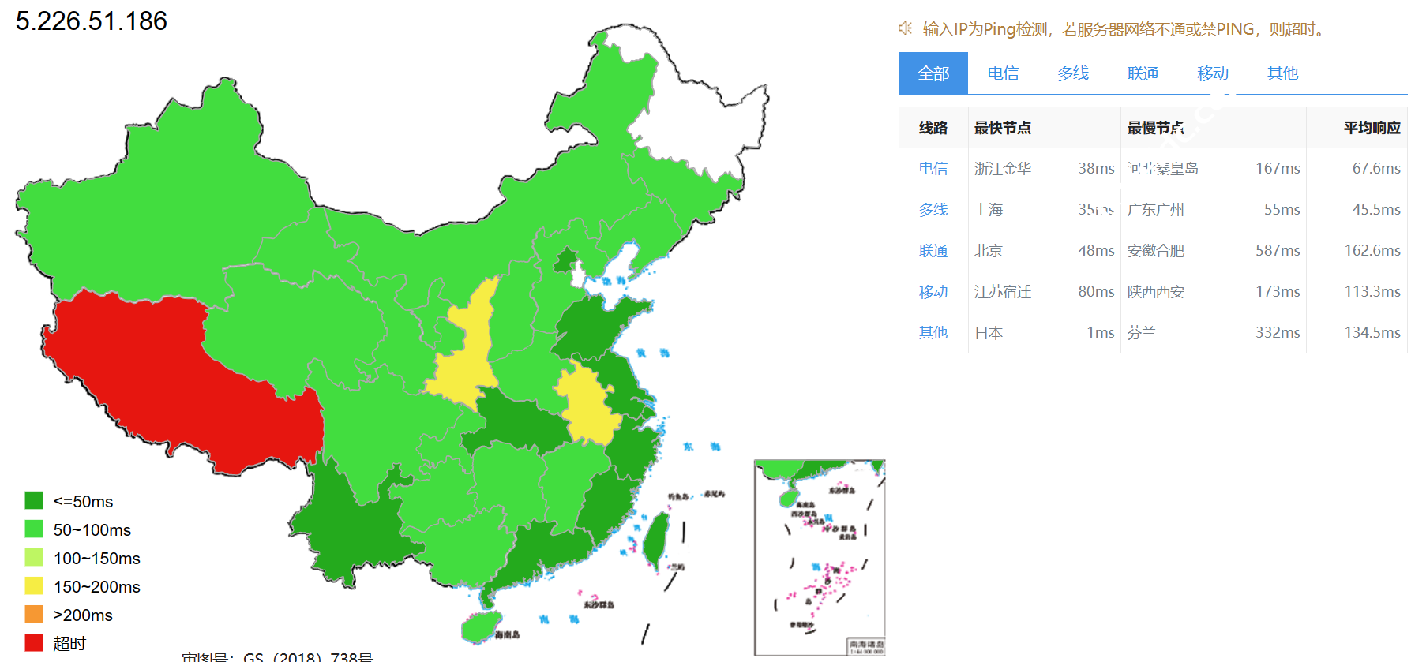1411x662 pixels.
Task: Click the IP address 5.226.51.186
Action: click(x=92, y=21)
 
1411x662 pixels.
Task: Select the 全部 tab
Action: click(x=933, y=73)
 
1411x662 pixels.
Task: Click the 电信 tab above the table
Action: click(x=1003, y=73)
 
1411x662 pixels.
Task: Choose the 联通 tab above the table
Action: click(x=1143, y=73)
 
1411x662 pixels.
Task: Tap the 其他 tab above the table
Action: click(x=1282, y=73)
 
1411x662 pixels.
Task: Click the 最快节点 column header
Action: click(x=1002, y=128)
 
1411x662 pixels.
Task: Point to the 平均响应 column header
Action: click(x=1372, y=128)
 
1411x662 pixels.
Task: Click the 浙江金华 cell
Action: click(x=1002, y=169)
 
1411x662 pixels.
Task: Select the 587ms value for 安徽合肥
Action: click(x=1278, y=251)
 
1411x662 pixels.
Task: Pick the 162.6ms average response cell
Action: click(x=1372, y=251)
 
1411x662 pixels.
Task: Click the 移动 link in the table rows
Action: click(x=933, y=292)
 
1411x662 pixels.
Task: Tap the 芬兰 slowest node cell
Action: click(x=1142, y=333)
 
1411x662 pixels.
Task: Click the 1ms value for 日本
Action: click(x=1101, y=333)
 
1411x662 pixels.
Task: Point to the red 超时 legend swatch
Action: click(x=33, y=642)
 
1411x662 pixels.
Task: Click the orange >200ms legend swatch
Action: click(x=33, y=614)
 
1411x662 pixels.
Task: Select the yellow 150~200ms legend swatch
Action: click(x=33, y=585)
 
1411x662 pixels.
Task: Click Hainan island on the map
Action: click(x=480, y=626)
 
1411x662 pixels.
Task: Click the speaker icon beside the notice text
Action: click(x=905, y=29)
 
